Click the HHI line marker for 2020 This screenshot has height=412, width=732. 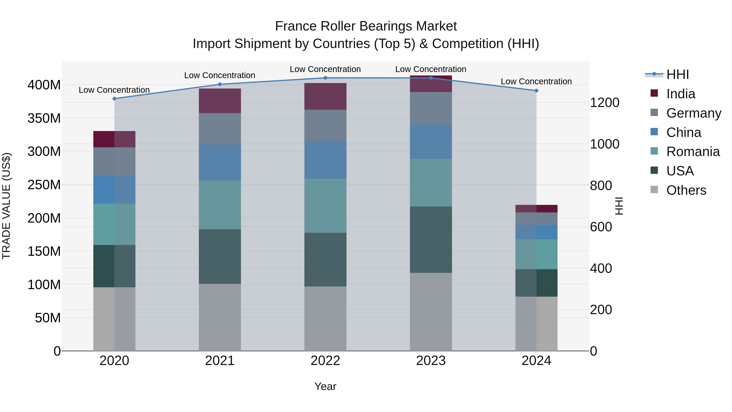[114, 99]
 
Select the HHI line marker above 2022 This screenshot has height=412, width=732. [325, 78]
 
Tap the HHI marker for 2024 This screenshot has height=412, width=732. [536, 91]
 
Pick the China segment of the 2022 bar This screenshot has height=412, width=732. [325, 160]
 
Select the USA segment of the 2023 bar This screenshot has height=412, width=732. [431, 239]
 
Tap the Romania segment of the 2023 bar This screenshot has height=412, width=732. [431, 183]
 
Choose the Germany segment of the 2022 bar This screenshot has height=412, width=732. [325, 125]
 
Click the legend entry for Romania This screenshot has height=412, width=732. [693, 152]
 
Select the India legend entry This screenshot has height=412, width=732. [681, 94]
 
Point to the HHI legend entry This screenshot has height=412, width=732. [678, 74]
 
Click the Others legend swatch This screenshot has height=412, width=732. [654, 190]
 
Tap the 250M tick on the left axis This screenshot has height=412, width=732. [44, 185]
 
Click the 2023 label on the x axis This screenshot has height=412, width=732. [431, 361]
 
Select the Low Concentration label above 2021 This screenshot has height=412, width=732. [220, 75]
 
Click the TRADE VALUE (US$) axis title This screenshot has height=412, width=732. [6, 206]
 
